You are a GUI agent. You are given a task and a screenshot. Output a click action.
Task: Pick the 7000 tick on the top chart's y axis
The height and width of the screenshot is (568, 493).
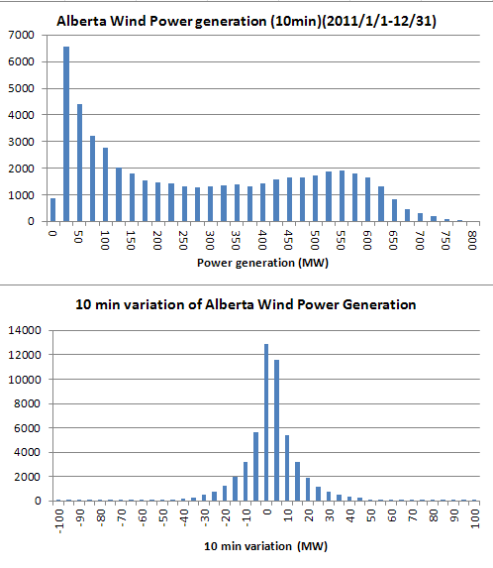[25, 35]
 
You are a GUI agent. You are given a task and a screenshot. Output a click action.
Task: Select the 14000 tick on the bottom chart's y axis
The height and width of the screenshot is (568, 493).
[28, 330]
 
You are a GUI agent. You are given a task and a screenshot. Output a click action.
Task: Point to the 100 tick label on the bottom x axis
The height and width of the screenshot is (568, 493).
[476, 518]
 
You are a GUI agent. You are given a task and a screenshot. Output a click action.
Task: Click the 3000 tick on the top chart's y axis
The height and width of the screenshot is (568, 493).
[25, 142]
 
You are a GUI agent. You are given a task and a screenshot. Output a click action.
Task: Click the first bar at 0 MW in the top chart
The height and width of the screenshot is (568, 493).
[52, 210]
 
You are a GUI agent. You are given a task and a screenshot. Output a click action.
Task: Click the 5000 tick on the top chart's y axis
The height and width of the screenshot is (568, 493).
[25, 88]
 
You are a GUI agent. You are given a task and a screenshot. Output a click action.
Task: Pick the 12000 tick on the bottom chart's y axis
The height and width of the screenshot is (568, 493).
[28, 355]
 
